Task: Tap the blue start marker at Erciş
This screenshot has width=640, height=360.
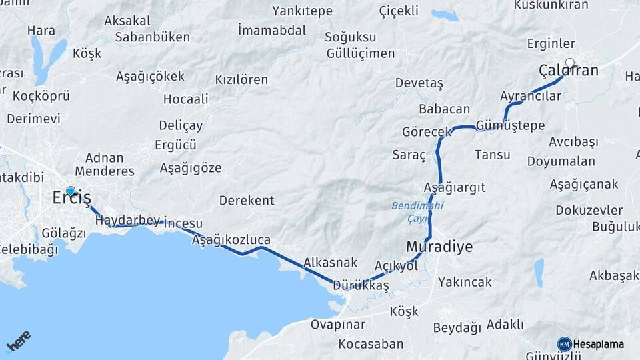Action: pyautogui.click(x=71, y=191)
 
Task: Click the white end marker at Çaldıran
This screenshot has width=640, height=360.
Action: pyautogui.click(x=569, y=63)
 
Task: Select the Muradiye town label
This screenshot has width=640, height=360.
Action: pyautogui.click(x=439, y=247)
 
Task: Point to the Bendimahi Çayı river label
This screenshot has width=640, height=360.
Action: pyautogui.click(x=409, y=212)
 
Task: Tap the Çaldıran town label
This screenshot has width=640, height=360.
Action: pyautogui.click(x=569, y=71)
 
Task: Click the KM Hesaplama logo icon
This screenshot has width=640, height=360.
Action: pyautogui.click(x=565, y=344)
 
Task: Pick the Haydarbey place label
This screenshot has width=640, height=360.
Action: pyautogui.click(x=129, y=220)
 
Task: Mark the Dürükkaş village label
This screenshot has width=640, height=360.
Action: pyautogui.click(x=361, y=285)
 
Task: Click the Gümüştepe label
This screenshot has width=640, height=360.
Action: pyautogui.click(x=511, y=125)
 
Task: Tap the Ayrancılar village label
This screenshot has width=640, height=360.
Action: pyautogui.click(x=531, y=96)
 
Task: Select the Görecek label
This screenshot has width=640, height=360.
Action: pyautogui.click(x=427, y=132)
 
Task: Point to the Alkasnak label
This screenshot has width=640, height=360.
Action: pyautogui.click(x=331, y=263)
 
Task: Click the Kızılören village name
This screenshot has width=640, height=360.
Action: pyautogui.click(x=241, y=79)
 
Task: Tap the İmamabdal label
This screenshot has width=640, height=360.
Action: pyautogui.click(x=272, y=30)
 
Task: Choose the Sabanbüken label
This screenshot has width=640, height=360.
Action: pyautogui.click(x=153, y=37)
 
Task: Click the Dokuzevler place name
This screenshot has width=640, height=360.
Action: pyautogui.click(x=589, y=210)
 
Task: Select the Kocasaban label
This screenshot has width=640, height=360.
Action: pyautogui.click(x=371, y=344)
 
